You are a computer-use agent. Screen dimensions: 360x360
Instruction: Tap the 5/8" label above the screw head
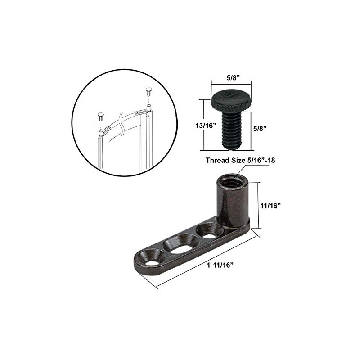(x=232, y=77)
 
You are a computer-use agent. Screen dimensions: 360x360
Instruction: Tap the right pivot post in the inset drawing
(x=148, y=108)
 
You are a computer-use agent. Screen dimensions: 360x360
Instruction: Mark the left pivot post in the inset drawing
(x=100, y=132)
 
